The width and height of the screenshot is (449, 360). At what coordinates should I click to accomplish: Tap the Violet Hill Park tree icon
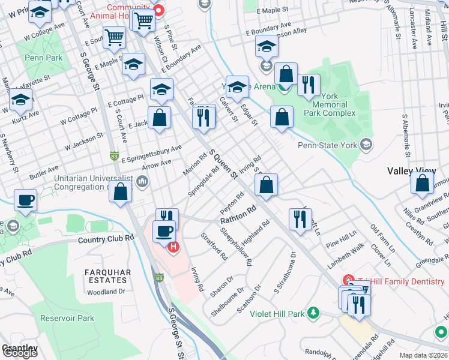click(x=312, y=313)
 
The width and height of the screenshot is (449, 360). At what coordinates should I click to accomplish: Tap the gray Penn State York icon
click(x=366, y=145)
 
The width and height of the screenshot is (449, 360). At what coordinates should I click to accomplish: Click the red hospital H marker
click(x=173, y=247)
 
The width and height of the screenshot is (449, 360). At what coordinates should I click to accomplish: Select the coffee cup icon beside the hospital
click(x=163, y=230)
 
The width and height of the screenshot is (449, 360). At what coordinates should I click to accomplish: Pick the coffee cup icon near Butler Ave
click(x=25, y=200)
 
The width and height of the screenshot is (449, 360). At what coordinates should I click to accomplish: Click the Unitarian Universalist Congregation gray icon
click(x=142, y=181)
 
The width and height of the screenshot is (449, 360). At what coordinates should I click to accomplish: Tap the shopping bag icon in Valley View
click(x=422, y=182)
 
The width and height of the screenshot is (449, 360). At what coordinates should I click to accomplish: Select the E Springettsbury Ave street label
click(x=151, y=154)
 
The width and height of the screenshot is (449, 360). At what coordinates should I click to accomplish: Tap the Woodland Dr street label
click(x=106, y=292)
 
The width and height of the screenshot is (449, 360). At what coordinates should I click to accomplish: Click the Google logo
click(x=20, y=352)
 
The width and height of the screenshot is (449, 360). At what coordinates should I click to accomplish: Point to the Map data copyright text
click(x=424, y=355)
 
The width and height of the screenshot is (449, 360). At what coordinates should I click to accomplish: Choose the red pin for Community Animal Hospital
click(x=158, y=10)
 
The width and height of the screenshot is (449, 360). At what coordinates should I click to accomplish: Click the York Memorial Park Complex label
click(x=329, y=104)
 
